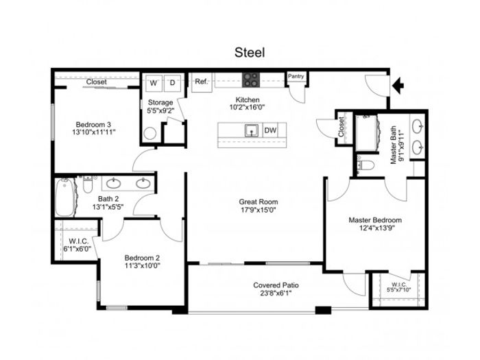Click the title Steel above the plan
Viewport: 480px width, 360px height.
[x=250, y=52]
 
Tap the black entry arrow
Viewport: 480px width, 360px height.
[x=398, y=85]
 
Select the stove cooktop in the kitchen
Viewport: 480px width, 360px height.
[x=251, y=80]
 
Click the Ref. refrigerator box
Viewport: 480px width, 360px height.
[x=202, y=82]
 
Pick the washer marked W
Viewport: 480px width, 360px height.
[x=154, y=83]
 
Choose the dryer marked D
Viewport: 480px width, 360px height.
[x=172, y=83]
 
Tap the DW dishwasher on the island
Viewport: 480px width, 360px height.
[x=270, y=130]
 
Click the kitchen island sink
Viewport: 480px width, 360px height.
[x=252, y=131]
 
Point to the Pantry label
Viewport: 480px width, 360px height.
[x=296, y=76]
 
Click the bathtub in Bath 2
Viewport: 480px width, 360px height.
[x=65, y=197]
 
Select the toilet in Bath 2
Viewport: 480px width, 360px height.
[x=88, y=184]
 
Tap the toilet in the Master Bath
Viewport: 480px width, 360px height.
[x=365, y=165]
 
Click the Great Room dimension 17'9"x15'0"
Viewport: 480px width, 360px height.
[x=258, y=210]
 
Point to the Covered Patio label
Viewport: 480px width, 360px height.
[x=276, y=285]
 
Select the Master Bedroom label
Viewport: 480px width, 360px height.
[x=375, y=220]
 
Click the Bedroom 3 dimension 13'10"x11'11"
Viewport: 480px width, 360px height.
[x=94, y=132]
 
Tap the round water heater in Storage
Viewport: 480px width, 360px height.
[x=150, y=134]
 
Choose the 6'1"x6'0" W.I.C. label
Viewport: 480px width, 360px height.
[x=77, y=245]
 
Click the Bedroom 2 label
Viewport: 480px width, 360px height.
[x=142, y=258]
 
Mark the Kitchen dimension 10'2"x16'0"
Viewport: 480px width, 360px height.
[x=247, y=107]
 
